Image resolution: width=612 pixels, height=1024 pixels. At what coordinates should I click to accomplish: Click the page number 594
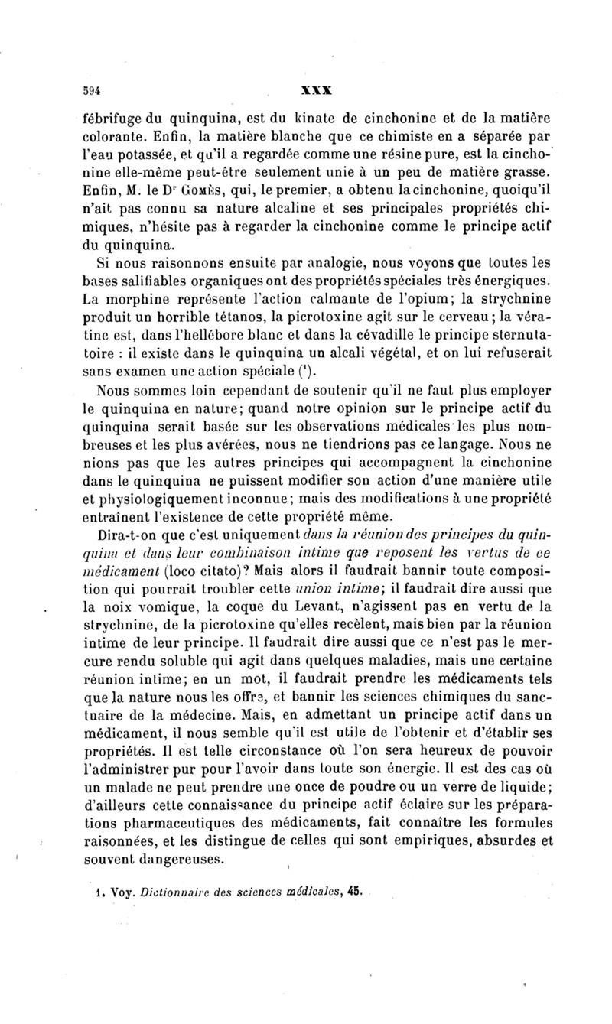[92, 87]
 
